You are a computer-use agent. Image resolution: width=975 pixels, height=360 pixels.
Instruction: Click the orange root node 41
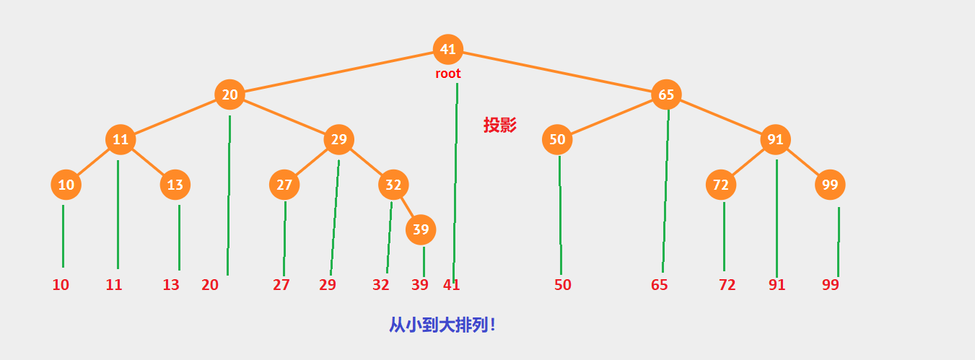(x=448, y=49)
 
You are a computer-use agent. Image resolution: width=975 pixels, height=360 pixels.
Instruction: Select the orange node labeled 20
(x=229, y=95)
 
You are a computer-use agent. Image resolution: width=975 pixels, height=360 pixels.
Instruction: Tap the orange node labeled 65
(x=666, y=95)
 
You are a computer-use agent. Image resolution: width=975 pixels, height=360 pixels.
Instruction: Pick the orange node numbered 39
(x=421, y=230)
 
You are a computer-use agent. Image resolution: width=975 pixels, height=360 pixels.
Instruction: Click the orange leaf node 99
(x=830, y=185)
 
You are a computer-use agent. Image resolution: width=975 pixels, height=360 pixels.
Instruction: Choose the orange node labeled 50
(x=557, y=139)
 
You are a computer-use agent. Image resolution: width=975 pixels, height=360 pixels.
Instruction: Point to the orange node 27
(x=284, y=185)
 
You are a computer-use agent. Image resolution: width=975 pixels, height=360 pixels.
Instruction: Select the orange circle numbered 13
(x=175, y=185)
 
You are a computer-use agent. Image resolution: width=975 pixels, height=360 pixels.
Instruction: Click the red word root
(x=447, y=74)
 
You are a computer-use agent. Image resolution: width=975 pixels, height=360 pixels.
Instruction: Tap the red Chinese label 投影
(x=500, y=125)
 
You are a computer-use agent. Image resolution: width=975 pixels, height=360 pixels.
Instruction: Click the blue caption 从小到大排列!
(x=442, y=325)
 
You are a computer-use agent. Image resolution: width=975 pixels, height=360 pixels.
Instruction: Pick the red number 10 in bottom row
(x=61, y=285)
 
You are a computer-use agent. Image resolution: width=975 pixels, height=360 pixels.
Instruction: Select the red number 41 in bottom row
(x=451, y=285)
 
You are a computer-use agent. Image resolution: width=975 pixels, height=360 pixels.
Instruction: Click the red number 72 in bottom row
(x=727, y=285)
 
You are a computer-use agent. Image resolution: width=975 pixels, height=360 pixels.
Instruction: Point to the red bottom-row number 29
(x=328, y=285)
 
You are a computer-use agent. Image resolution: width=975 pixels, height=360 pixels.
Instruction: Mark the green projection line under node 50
(x=560, y=216)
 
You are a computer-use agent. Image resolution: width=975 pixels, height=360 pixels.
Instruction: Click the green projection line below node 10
(x=63, y=237)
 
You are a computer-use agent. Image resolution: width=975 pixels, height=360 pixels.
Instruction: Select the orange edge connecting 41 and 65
(x=557, y=71)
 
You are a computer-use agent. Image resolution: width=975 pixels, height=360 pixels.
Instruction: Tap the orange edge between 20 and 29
(x=284, y=117)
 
